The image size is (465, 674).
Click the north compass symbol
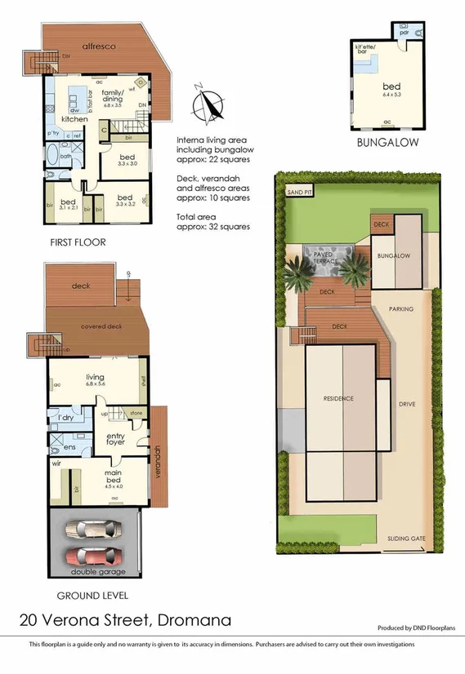(x=210, y=105)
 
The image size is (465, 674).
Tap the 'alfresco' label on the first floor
(x=99, y=47)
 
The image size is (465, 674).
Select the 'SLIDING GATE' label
(x=405, y=539)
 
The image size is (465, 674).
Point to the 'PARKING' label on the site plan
(x=400, y=309)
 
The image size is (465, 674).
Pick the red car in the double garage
(x=92, y=557)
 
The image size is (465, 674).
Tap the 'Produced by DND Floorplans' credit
(x=416, y=627)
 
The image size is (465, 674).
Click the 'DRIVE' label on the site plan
(x=407, y=404)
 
